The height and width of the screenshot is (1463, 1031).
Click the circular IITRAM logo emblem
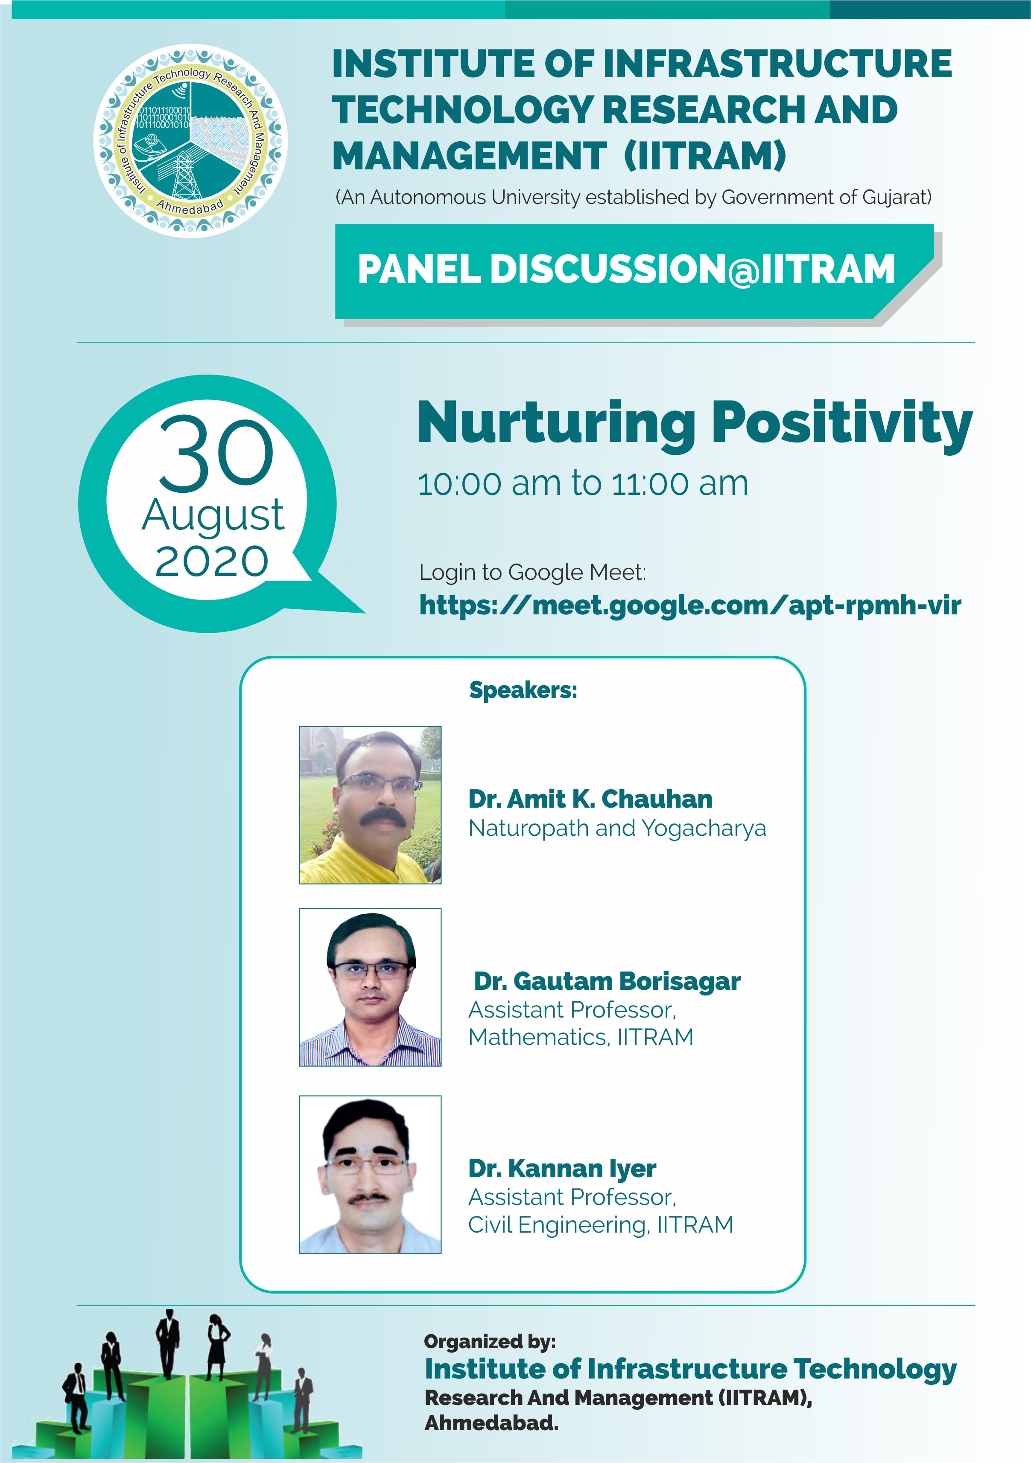tap(191, 140)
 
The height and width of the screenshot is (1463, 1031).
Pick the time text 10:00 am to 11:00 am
tap(583, 484)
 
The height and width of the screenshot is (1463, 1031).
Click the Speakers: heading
tap(523, 690)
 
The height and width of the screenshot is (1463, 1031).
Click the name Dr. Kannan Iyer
tap(562, 1169)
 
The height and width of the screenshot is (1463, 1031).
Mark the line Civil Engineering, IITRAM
tap(601, 1224)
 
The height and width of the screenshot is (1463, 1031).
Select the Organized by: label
tap(490, 1342)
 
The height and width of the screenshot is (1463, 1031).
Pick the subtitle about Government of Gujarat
tap(633, 198)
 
